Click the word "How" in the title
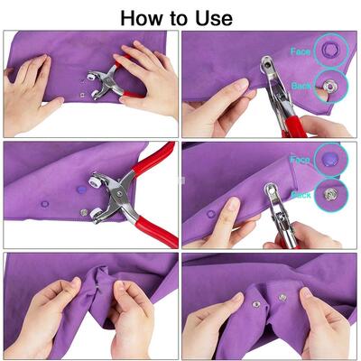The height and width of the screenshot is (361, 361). (x=145, y=17)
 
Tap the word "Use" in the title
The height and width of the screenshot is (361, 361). (x=213, y=17)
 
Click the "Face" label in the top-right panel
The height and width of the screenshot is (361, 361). (x=301, y=51)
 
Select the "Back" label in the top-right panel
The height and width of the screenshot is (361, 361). (x=301, y=85)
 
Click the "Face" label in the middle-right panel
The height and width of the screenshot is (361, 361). (x=301, y=160)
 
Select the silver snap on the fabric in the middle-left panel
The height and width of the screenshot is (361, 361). (x=84, y=213)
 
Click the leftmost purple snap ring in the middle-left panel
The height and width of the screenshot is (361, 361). (x=39, y=204)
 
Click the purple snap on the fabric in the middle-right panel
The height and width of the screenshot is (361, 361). (x=211, y=215)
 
